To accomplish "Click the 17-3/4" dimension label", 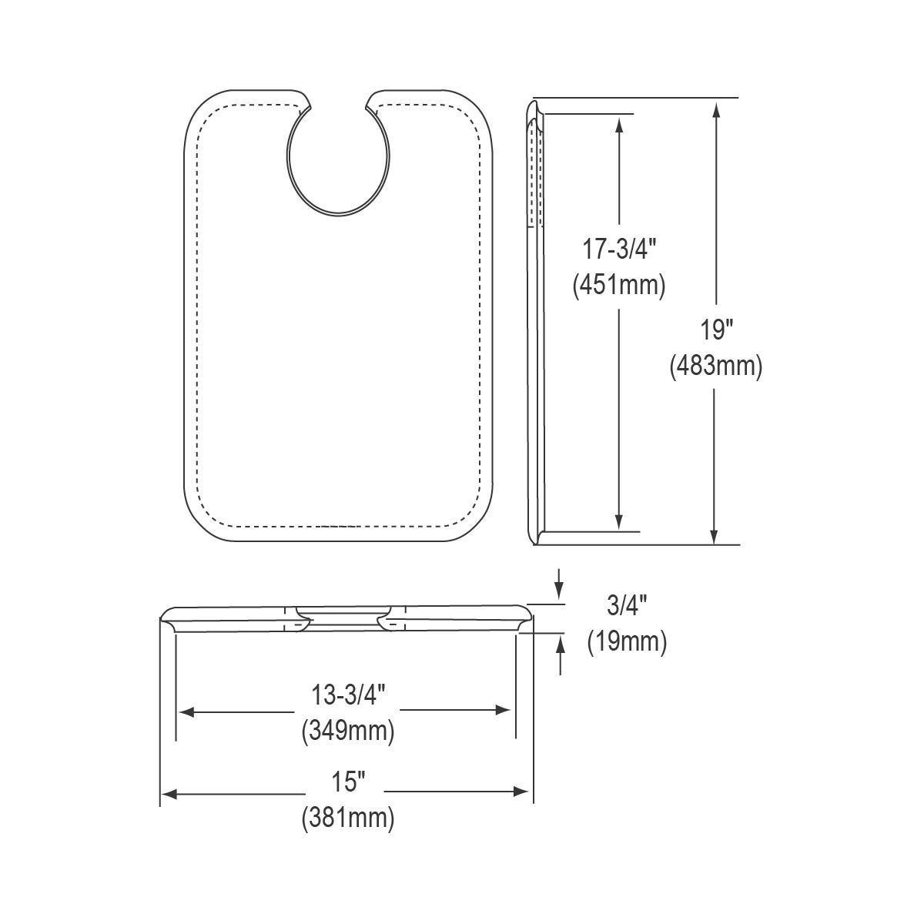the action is [x=618, y=249].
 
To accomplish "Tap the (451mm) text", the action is [x=619, y=286].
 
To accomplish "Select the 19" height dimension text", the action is [x=716, y=330].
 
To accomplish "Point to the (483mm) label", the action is [x=716, y=367].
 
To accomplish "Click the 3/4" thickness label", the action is [x=627, y=606].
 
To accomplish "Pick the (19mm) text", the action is [x=628, y=641].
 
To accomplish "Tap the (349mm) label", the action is [x=348, y=731].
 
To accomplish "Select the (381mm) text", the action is [x=348, y=819].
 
